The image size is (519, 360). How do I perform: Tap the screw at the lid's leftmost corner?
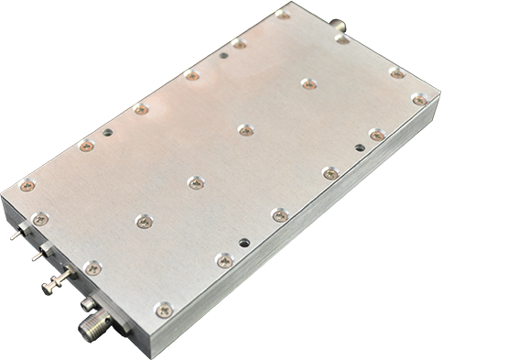(x=27, y=185)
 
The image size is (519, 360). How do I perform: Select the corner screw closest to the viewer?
(x=163, y=311)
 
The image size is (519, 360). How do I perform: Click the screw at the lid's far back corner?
(x=283, y=16)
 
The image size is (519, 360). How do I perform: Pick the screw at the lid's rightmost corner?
(x=418, y=99)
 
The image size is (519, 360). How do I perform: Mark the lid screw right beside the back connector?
(x=341, y=38)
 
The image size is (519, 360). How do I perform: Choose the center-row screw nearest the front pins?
(x=143, y=221)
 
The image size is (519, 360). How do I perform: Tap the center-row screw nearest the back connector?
(x=308, y=83)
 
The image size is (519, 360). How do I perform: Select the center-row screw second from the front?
(x=195, y=182)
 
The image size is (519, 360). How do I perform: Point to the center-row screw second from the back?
(x=245, y=130)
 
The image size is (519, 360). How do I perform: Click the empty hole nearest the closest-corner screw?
(x=243, y=243)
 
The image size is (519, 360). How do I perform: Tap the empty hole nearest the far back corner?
(x=224, y=55)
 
